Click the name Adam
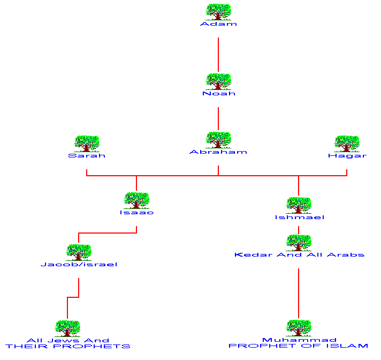tap(218, 24)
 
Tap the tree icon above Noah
tap(218, 81)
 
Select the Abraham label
tap(218, 152)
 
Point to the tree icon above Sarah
tap(87, 144)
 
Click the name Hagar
tap(347, 156)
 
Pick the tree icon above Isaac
tap(136, 200)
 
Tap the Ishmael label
tap(299, 217)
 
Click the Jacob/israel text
tap(79, 265)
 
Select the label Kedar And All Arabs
tap(299, 255)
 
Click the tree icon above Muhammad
tap(299, 328)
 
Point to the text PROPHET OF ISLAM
tap(299, 346)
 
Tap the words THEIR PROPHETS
tap(68, 347)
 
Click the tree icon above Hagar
tap(347, 144)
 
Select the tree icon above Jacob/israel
tap(79, 252)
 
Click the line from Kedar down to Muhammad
tap(299, 292)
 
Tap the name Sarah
tap(87, 156)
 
